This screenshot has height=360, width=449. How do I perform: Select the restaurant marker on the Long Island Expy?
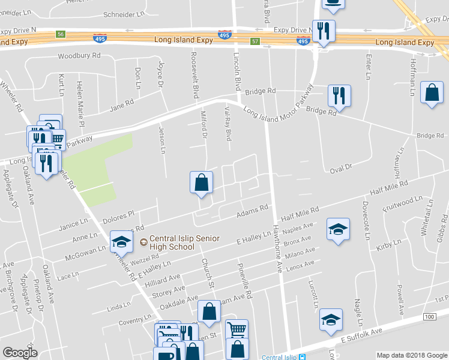pos(324,31)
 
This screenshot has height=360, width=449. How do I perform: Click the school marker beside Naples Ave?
pos(339,229)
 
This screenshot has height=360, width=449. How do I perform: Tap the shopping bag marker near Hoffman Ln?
pos(432,93)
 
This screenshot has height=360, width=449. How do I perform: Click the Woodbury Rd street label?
pos(79,57)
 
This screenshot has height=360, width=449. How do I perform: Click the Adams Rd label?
pos(252,211)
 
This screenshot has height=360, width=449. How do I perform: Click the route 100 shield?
pos(429,316)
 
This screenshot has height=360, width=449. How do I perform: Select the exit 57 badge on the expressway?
pos(255,41)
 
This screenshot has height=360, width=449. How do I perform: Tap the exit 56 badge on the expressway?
pos(60,34)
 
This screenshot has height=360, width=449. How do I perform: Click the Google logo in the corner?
pos(20,352)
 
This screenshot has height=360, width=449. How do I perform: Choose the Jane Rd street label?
pos(121,108)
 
